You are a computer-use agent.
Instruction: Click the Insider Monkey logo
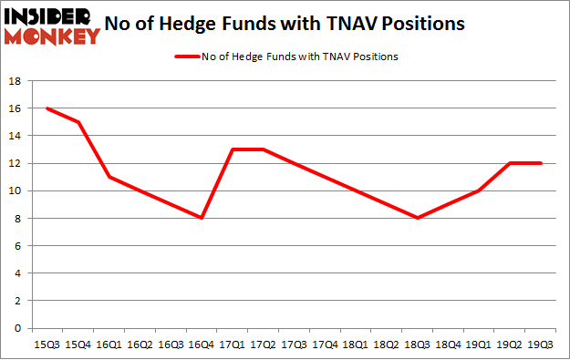click(x=53, y=25)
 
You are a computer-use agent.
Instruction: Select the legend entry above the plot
click(x=285, y=57)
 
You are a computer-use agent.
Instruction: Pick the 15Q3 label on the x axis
click(x=47, y=345)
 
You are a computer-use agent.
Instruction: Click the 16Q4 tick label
click(x=201, y=345)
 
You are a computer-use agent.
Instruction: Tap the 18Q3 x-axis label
click(x=418, y=345)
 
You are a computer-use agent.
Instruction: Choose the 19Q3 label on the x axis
click(x=541, y=345)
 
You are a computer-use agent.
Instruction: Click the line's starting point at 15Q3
click(x=47, y=108)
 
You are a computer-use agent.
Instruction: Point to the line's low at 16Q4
click(x=201, y=218)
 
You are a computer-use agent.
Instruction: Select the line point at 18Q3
click(x=418, y=218)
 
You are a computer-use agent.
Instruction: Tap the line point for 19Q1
click(x=479, y=190)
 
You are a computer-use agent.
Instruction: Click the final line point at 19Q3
click(x=541, y=163)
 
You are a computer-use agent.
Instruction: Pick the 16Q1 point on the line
click(x=109, y=177)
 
